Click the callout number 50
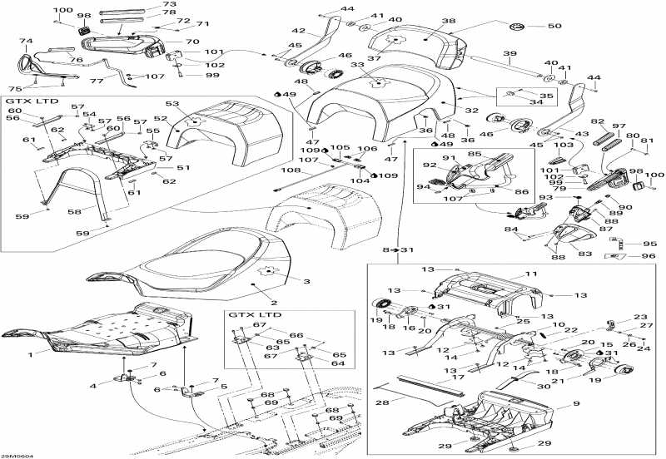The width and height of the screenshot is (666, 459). coord(554,26)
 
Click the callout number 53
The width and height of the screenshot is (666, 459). coord(172,104)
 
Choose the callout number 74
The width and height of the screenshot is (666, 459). coord(26,41)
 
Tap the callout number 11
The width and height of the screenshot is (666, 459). coord(531,274)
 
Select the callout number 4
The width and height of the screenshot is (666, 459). coord(94,385)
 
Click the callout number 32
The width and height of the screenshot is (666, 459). coord(471,110)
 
